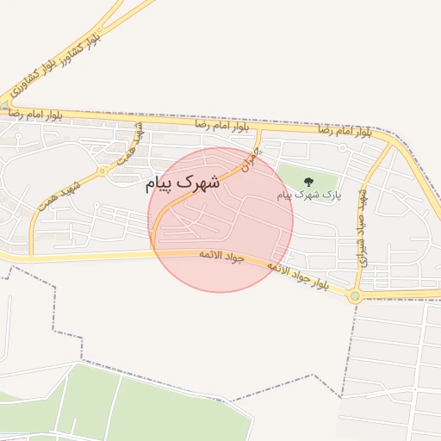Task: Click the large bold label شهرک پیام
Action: [183, 183]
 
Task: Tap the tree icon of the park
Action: [309, 181]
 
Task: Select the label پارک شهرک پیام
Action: [309, 196]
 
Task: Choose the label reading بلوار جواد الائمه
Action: [297, 276]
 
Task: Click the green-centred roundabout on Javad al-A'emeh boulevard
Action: [355, 295]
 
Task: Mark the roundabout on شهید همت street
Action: [102, 171]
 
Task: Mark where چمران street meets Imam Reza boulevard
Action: [260, 130]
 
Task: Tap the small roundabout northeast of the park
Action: [343, 148]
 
